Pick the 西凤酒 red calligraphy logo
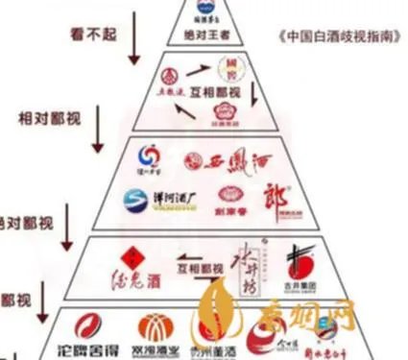tap(222, 160)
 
